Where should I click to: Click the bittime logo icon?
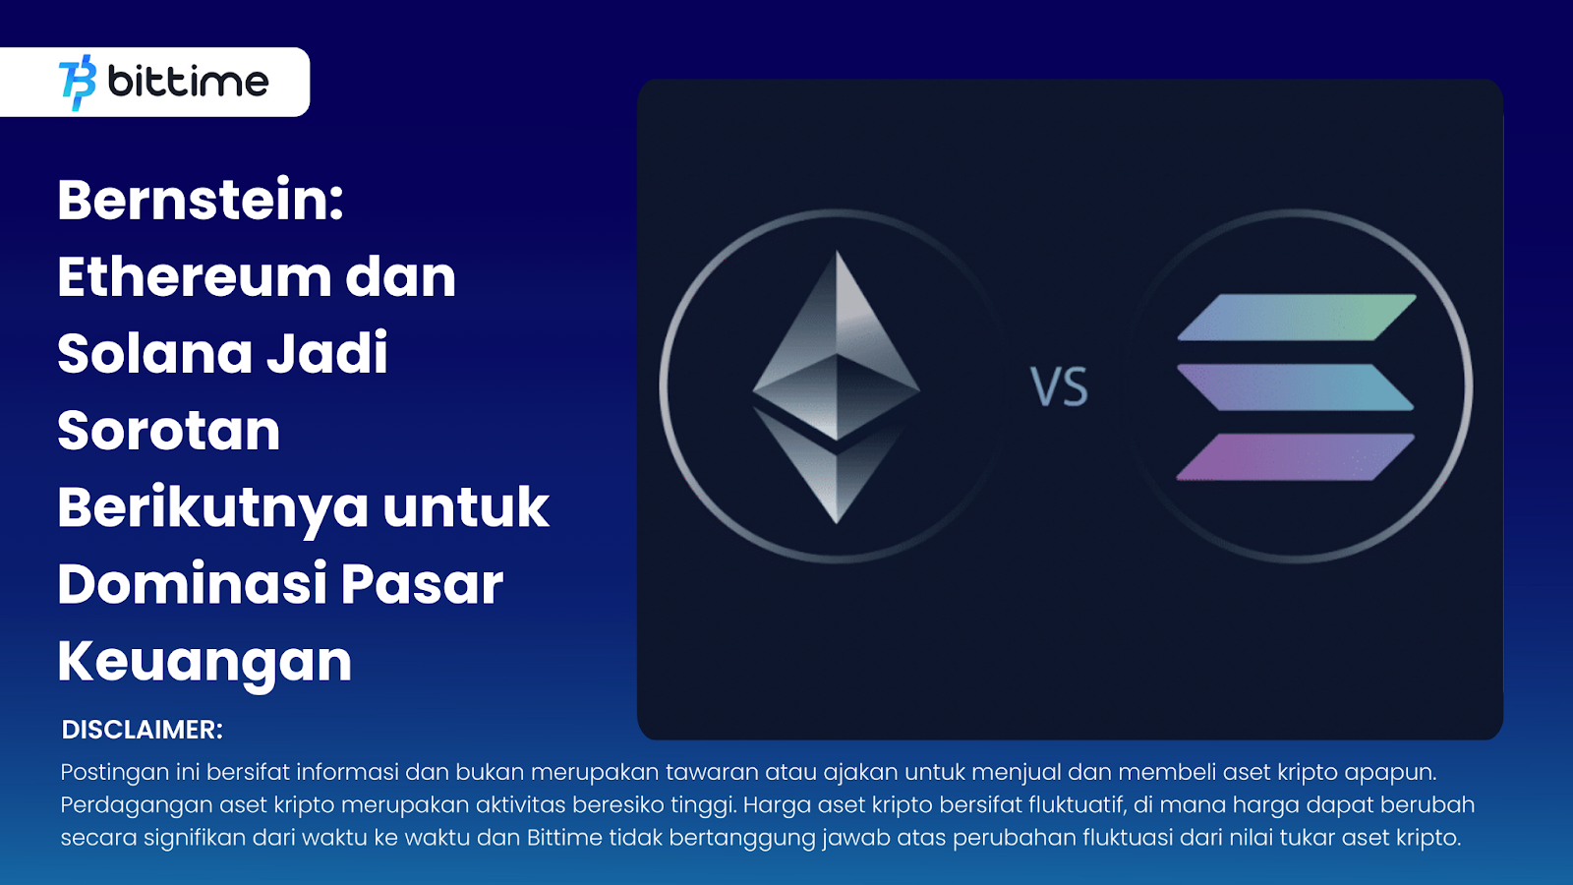(78, 83)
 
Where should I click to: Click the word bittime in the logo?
(188, 82)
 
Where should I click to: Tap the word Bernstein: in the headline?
(201, 201)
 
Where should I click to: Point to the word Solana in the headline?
(154, 353)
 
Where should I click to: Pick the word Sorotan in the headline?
(168, 431)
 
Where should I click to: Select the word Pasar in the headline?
(422, 585)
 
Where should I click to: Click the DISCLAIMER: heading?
(142, 730)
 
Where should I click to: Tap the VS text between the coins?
(1060, 387)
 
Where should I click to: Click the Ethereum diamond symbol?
(837, 387)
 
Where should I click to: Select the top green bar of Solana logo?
(1297, 318)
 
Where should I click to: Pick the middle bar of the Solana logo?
(1296, 387)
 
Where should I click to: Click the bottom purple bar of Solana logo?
(1296, 457)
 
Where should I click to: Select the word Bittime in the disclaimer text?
(564, 838)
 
